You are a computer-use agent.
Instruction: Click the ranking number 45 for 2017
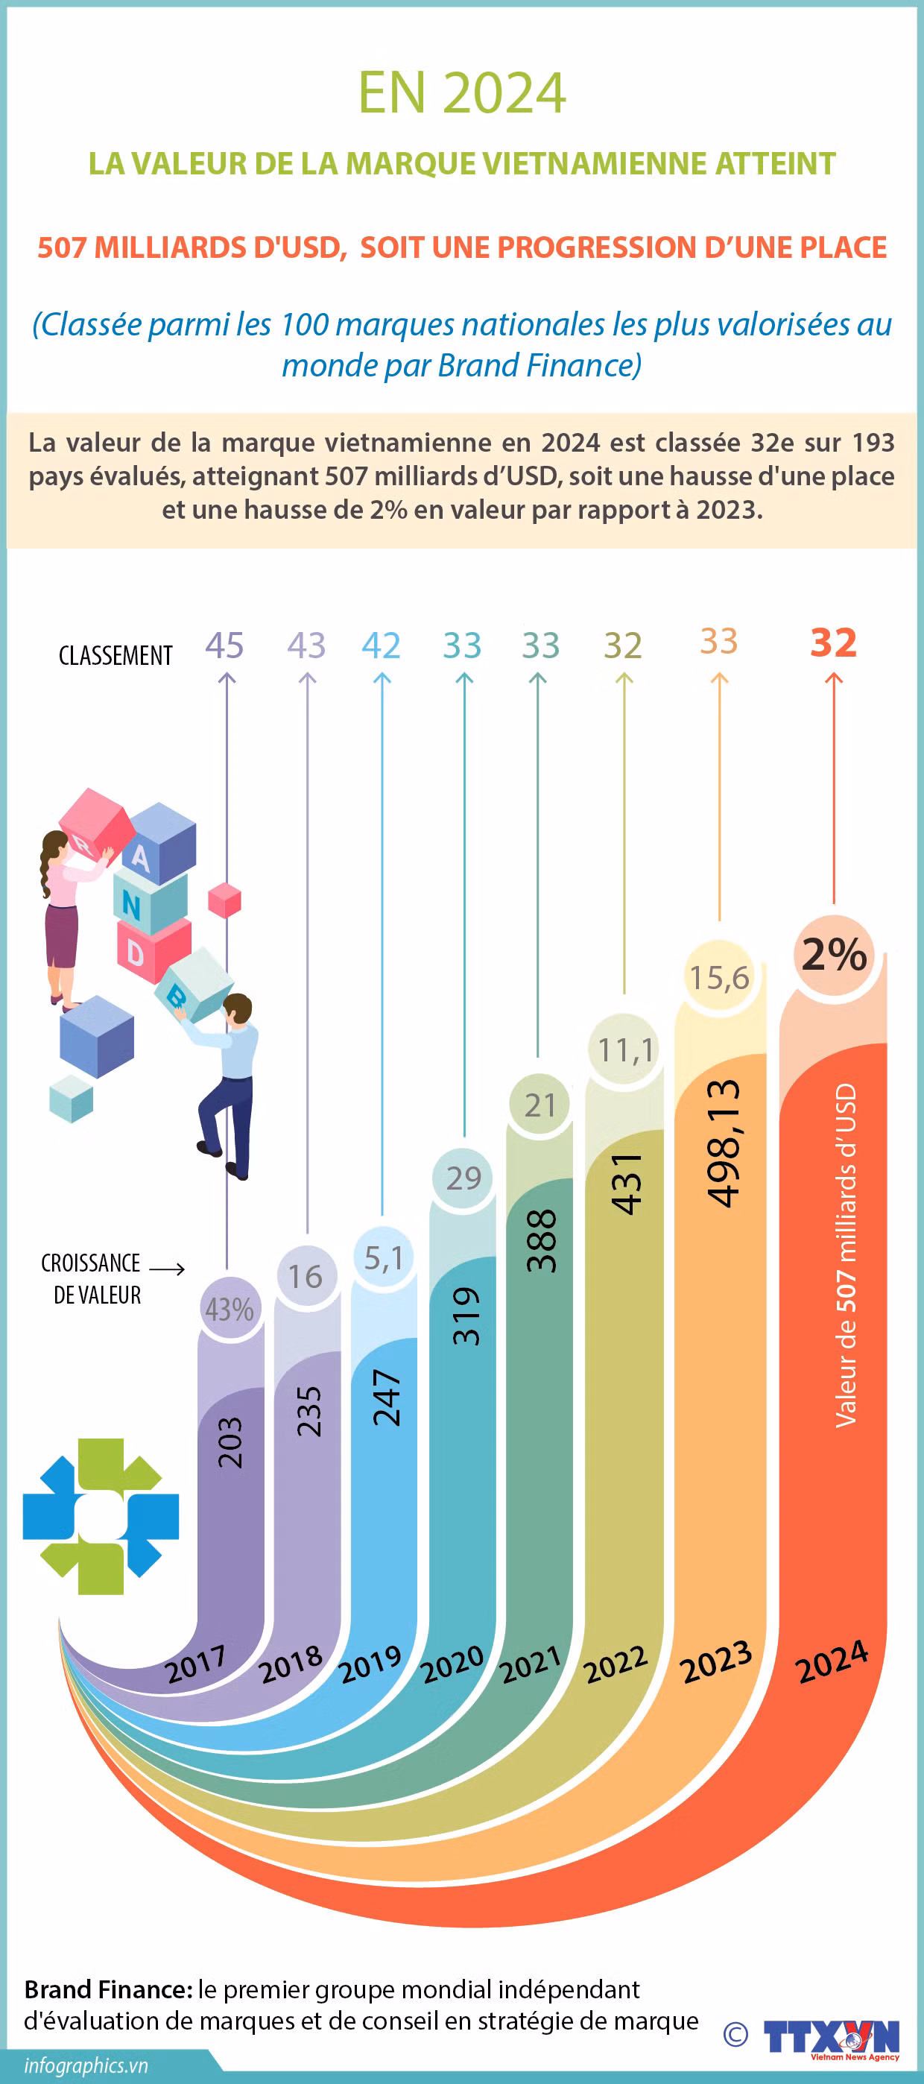(224, 645)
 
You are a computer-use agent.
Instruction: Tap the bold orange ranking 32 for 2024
(833, 643)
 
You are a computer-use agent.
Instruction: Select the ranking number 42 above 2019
(381, 645)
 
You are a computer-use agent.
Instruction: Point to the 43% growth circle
(230, 1309)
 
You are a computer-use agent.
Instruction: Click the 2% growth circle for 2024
(834, 955)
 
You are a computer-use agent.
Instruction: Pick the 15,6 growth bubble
(719, 977)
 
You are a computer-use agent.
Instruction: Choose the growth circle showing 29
(463, 1178)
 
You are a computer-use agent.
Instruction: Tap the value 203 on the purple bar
(230, 1442)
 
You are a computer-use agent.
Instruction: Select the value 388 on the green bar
(541, 1240)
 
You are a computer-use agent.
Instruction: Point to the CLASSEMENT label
(115, 655)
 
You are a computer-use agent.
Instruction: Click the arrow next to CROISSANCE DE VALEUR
(168, 1269)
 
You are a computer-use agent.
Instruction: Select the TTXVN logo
(831, 2036)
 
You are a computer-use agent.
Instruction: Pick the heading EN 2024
(461, 93)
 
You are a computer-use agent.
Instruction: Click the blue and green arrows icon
(101, 1516)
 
